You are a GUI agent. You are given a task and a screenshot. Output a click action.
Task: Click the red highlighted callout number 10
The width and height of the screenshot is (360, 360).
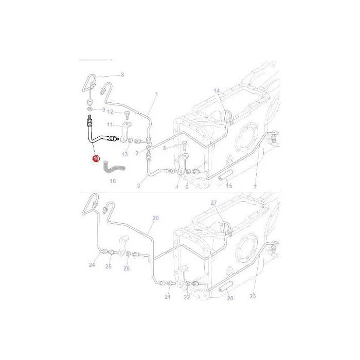(x=96, y=158)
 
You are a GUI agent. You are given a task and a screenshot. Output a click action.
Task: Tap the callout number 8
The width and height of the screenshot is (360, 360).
(x=122, y=75)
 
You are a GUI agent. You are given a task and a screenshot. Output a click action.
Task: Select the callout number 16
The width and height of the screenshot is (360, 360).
(x=113, y=181)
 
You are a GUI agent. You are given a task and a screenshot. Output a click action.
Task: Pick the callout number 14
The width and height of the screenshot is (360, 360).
(x=217, y=91)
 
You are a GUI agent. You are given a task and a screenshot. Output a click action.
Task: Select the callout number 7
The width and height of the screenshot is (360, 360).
(x=255, y=187)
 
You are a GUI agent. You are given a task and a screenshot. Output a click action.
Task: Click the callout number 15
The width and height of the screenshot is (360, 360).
(x=229, y=185)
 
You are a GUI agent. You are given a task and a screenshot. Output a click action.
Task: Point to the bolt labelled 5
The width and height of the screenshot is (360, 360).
(x=185, y=145)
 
